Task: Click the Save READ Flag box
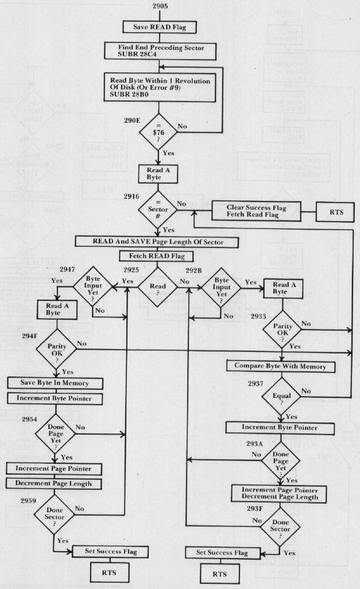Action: [x=157, y=26]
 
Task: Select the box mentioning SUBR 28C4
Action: [x=157, y=50]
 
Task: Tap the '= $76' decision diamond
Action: [x=157, y=131]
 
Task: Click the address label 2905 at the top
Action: [x=156, y=6]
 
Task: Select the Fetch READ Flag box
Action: [x=157, y=256]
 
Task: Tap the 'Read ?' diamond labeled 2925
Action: [x=157, y=285]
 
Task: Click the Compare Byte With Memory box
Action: [x=280, y=366]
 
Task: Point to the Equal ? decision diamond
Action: [x=281, y=396]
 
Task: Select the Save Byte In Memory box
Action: [x=55, y=383]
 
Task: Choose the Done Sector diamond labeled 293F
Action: [x=281, y=527]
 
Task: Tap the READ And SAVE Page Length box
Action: [x=157, y=242]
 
